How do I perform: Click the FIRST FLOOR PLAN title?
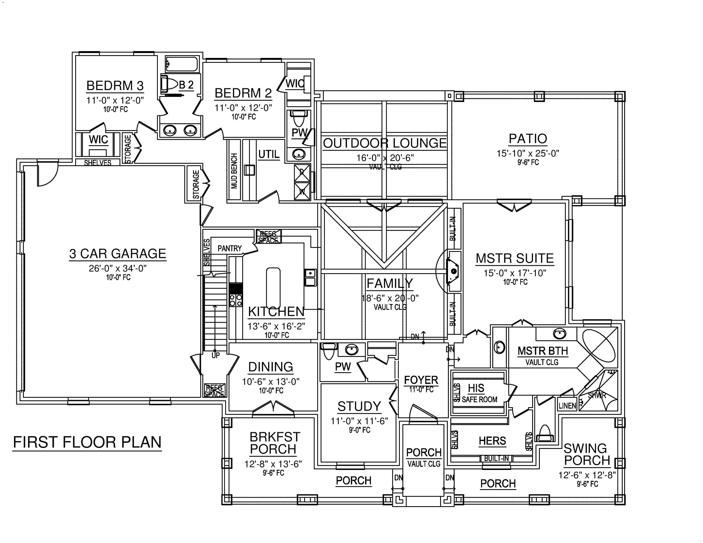pos(87,442)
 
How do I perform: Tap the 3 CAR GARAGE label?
pos(118,254)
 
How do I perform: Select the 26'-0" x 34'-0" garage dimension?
pos(118,268)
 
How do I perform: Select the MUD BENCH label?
pos(234,171)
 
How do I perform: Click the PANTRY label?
pos(229,248)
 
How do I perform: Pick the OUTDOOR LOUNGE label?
pos(385,143)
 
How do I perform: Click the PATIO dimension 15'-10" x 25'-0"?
pos(528,154)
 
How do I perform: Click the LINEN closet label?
pos(567,406)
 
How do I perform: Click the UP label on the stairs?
pos(215,355)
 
